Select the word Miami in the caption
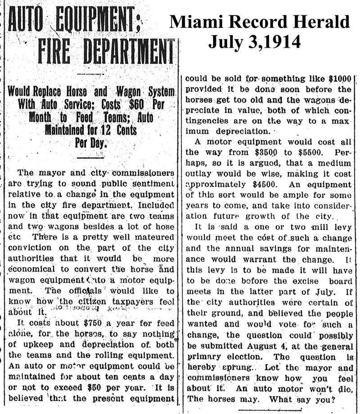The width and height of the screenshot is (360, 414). pyautogui.click(x=196, y=22)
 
